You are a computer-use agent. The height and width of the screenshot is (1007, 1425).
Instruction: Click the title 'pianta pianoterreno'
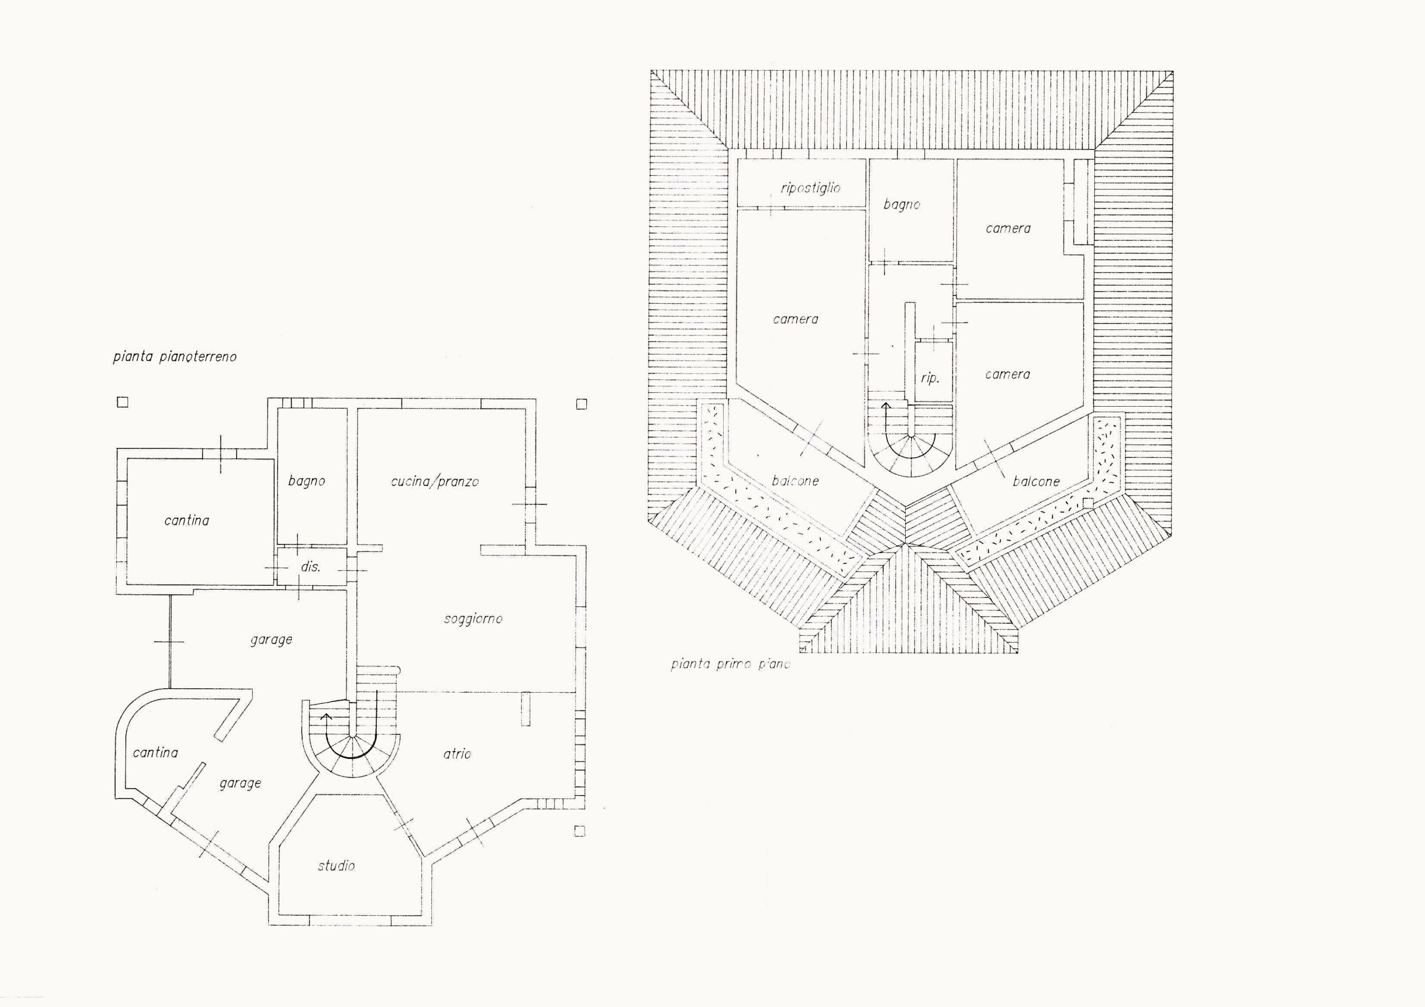174,357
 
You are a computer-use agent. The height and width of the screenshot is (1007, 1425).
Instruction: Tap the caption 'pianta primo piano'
730,664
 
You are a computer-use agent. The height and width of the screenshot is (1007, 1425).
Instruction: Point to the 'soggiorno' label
473,619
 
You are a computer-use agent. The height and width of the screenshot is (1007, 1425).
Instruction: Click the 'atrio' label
458,754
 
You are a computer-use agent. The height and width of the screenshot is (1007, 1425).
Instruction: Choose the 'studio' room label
336,866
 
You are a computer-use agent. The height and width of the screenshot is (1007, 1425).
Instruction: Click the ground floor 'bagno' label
307,481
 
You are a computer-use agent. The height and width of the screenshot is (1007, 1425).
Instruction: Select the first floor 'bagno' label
902,205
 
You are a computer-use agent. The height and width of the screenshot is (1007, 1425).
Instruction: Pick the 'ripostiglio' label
810,188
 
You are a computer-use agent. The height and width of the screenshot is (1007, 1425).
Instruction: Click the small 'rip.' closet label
930,378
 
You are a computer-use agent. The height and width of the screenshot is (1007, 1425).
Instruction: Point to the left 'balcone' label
795,481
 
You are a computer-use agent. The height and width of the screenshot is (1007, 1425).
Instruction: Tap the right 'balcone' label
1036,481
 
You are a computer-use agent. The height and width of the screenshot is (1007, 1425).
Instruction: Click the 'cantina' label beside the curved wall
155,753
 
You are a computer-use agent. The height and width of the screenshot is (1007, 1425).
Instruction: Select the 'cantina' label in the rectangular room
187,521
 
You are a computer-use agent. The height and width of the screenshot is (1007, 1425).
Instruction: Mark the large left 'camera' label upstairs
795,319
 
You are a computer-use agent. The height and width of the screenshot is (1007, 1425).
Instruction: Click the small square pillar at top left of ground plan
123,402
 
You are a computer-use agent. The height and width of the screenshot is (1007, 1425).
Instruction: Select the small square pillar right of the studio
579,831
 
